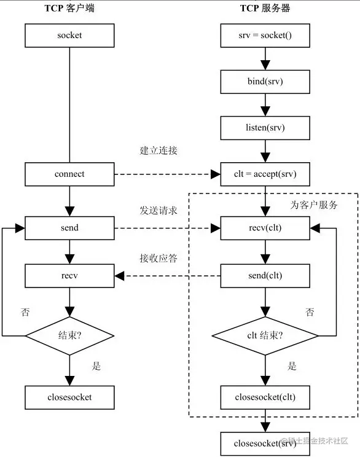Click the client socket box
coord(69,36)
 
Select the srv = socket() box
coord(265,36)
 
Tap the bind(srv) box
coord(265,82)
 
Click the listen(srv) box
coord(265,128)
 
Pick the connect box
coord(69,174)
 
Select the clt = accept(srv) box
coord(265,174)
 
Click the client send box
coord(69,228)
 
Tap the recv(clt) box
coord(265,228)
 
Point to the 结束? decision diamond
coord(69,335)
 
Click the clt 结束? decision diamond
coord(265,335)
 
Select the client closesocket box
coord(69,397)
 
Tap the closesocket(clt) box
coord(265,397)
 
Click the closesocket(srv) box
coord(265,443)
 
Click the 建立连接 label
coord(158,150)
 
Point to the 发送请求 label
coord(158,211)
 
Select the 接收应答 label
coord(158,258)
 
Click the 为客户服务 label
coord(313,205)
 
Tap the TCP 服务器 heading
coord(265,9)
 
